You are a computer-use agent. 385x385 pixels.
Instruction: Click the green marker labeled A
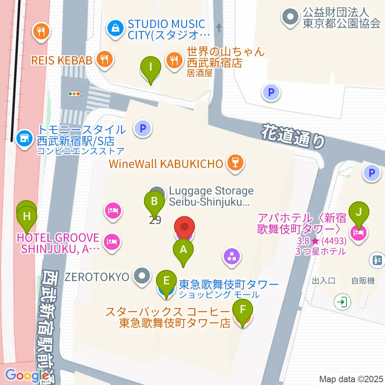tap(183, 250)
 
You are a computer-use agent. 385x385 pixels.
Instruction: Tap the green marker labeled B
tap(154, 200)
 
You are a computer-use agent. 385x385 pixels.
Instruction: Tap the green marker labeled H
tap(27, 217)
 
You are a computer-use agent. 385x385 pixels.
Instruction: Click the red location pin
tap(184, 227)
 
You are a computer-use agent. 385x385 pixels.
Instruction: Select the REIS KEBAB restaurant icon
tap(105, 60)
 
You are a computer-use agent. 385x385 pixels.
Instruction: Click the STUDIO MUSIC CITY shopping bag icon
tap(115, 28)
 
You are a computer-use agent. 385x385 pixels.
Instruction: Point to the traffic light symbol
tap(75, 94)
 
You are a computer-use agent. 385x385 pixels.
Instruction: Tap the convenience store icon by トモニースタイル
tap(24, 138)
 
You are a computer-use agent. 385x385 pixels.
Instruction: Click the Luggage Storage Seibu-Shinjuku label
tap(211, 196)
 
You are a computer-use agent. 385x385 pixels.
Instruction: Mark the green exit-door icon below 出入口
tap(343, 302)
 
